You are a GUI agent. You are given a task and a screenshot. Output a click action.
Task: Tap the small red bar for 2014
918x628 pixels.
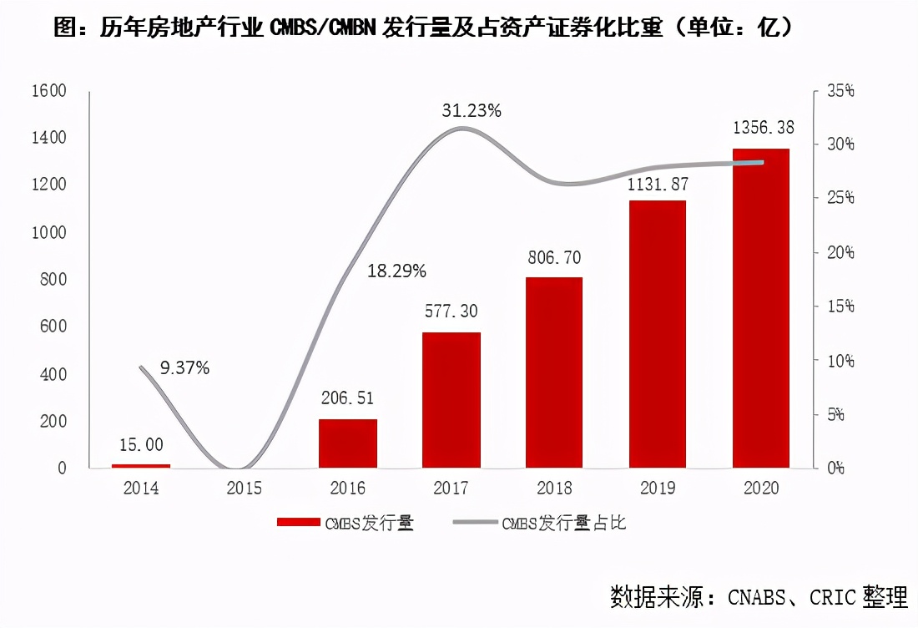141,465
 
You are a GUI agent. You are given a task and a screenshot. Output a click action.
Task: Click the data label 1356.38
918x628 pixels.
763,128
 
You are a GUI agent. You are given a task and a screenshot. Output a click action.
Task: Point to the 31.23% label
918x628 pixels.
472,110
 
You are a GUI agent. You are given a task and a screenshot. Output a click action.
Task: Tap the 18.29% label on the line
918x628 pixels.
396,271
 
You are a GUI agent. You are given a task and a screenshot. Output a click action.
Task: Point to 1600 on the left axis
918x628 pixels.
49,90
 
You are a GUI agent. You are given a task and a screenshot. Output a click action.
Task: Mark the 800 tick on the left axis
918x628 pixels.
55,279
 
